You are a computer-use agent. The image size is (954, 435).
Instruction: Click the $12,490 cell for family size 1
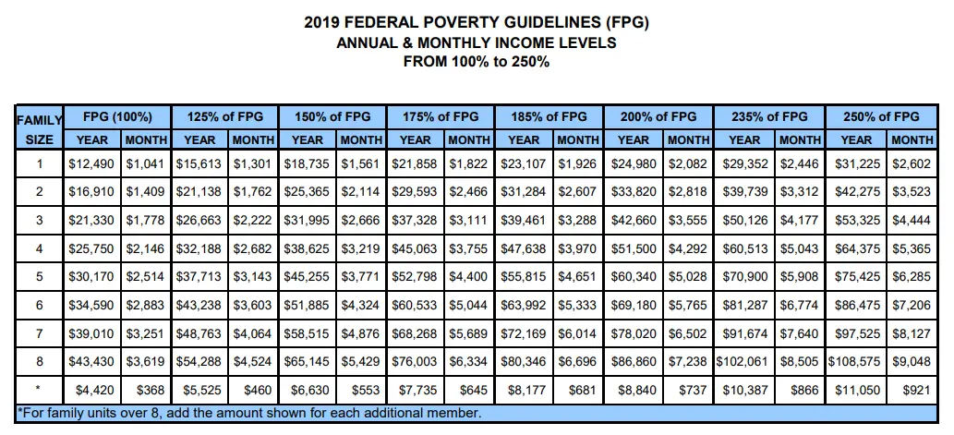[91, 163]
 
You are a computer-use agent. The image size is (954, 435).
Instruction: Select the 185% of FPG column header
[549, 116]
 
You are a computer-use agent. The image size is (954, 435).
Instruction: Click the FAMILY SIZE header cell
[39, 129]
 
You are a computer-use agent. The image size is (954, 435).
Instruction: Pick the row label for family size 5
[39, 277]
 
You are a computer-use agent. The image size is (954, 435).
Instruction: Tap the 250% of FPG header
[881, 116]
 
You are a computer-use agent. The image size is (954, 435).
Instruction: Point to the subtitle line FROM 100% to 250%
[477, 62]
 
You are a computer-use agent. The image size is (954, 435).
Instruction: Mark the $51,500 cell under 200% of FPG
[634, 248]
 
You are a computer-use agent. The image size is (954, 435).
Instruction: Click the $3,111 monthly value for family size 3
[468, 220]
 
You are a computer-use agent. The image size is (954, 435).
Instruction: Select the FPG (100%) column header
[117, 116]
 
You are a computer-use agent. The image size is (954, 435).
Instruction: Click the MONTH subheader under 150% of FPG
[361, 140]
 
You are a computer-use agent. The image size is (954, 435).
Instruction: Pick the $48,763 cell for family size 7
[199, 333]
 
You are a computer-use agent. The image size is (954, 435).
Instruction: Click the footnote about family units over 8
[249, 414]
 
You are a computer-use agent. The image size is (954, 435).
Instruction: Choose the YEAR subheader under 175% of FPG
[417, 140]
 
